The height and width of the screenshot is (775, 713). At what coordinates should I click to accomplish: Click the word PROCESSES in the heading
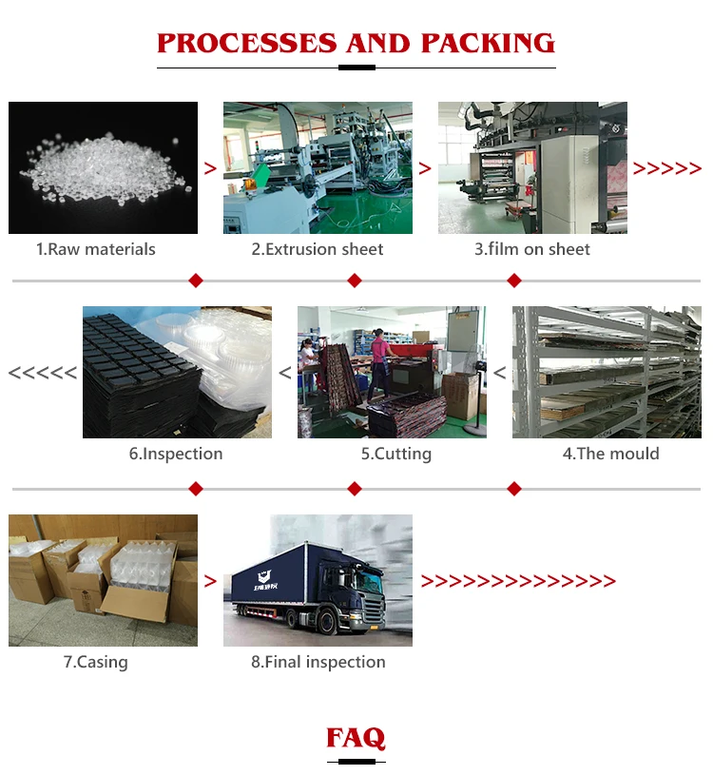pyautogui.click(x=247, y=43)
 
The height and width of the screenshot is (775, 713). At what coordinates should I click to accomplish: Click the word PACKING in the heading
pyautogui.click(x=488, y=43)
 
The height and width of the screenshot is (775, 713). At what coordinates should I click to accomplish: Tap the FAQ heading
pyautogui.click(x=356, y=738)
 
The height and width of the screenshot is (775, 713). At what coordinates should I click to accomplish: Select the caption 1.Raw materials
pyautogui.click(x=95, y=249)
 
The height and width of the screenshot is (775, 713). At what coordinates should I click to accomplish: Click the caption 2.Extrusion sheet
pyautogui.click(x=318, y=249)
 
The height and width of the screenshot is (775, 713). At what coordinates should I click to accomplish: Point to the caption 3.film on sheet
pyautogui.click(x=532, y=249)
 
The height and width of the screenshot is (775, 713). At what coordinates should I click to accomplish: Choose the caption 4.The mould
pyautogui.click(x=610, y=454)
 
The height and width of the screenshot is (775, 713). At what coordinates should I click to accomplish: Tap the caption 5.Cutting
pyautogui.click(x=395, y=454)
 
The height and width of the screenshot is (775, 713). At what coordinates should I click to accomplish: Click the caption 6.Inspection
pyautogui.click(x=176, y=454)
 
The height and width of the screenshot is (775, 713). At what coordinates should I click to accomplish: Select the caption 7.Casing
pyautogui.click(x=95, y=662)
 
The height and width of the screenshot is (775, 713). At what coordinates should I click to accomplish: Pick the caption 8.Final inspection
pyautogui.click(x=318, y=662)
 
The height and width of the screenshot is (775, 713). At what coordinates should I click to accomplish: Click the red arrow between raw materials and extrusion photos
pyautogui.click(x=210, y=169)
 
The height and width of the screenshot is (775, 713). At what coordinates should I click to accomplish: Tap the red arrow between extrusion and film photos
pyautogui.click(x=425, y=169)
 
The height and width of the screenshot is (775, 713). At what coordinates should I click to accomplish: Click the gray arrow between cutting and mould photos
pyautogui.click(x=499, y=373)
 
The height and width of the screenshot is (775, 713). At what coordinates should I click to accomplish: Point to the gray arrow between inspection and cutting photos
pyautogui.click(x=284, y=373)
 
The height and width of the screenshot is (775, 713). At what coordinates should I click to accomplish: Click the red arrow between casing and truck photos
pyautogui.click(x=210, y=581)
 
